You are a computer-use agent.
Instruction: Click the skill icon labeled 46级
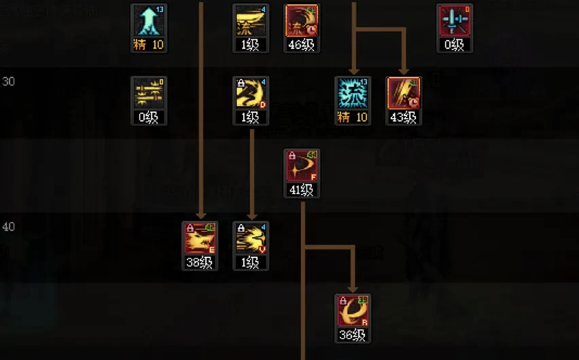click(302, 21)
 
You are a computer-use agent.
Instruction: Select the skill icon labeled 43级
click(404, 94)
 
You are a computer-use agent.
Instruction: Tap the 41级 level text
click(302, 190)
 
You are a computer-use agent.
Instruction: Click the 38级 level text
click(200, 263)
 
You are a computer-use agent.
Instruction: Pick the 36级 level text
click(353, 335)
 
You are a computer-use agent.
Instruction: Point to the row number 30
click(9, 82)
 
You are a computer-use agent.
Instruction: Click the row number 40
click(9, 227)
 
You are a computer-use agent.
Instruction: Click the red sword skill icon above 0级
click(455, 21)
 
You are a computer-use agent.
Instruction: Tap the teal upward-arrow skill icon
click(149, 21)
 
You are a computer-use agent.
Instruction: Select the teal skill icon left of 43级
click(353, 94)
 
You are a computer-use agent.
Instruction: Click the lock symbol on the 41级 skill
click(292, 156)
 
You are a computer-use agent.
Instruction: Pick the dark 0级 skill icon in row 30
click(149, 94)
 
